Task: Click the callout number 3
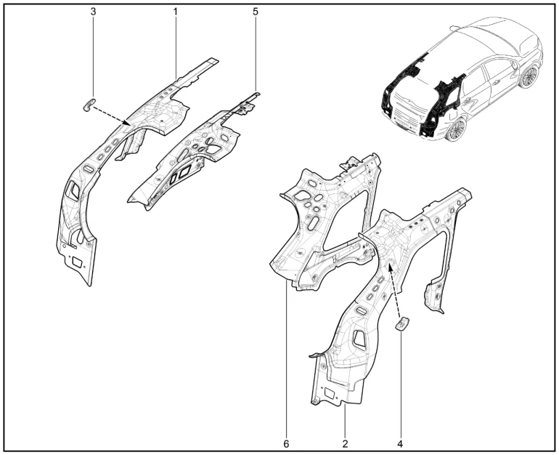point(94,12)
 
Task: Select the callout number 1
point(176,12)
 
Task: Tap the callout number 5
point(256,12)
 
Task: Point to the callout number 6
point(286,444)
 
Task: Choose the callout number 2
point(345,444)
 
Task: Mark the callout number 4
point(400,444)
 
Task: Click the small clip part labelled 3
point(89,104)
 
